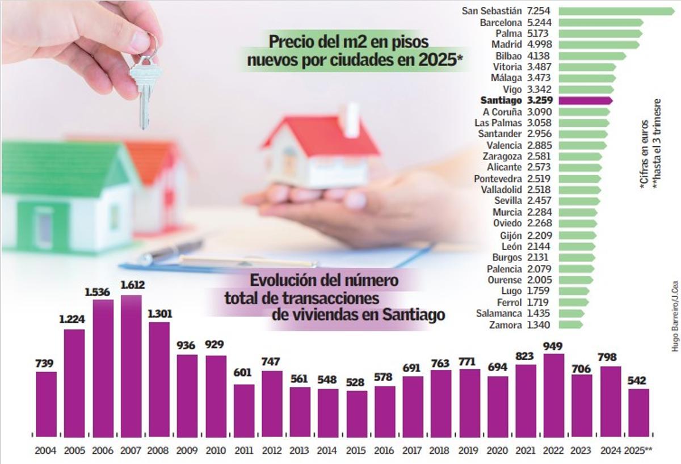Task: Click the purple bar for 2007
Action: [131, 366]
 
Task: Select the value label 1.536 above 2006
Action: [103, 293]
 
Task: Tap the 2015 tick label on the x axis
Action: [357, 450]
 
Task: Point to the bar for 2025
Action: [638, 412]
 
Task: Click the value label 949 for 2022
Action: [553, 345]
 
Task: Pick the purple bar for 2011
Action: [244, 410]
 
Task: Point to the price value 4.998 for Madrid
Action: [539, 45]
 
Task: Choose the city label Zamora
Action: [505, 324]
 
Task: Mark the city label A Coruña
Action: [502, 112]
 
